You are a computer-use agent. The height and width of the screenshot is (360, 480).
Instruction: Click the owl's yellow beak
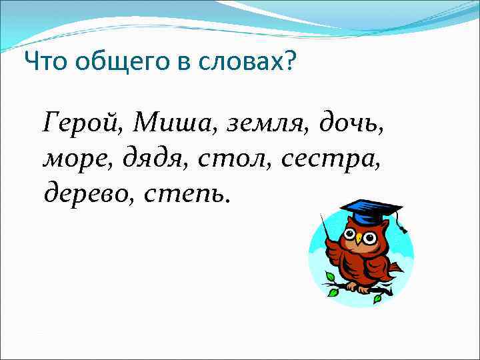358,239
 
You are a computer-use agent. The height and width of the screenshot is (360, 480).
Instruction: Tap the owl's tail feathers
395,268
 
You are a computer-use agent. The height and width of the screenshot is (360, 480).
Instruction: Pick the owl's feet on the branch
360,288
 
